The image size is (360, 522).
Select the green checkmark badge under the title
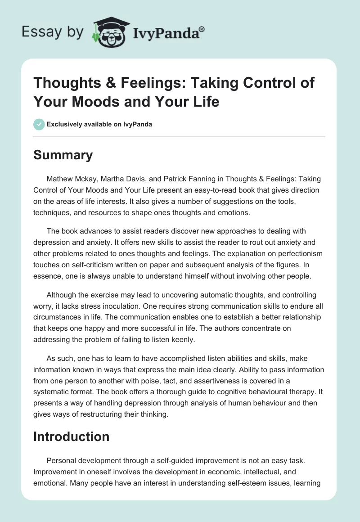tap(39, 125)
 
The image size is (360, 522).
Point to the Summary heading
tap(63, 155)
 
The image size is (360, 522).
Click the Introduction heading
tap(71, 436)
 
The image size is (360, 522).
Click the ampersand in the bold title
tap(116, 84)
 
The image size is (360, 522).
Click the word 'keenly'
tap(183, 340)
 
